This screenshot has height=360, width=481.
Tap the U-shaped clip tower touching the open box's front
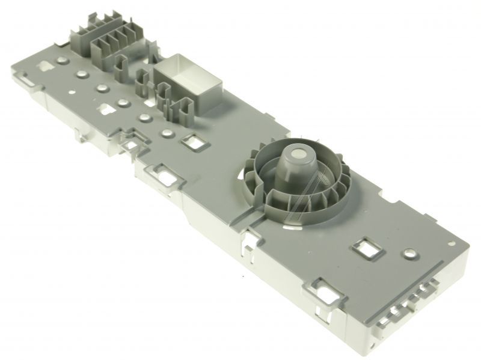[180, 108]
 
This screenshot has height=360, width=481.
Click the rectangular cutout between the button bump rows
[108, 110]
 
